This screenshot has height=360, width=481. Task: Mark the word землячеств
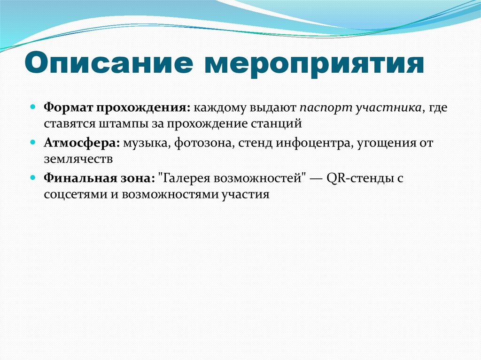(x=78, y=159)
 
